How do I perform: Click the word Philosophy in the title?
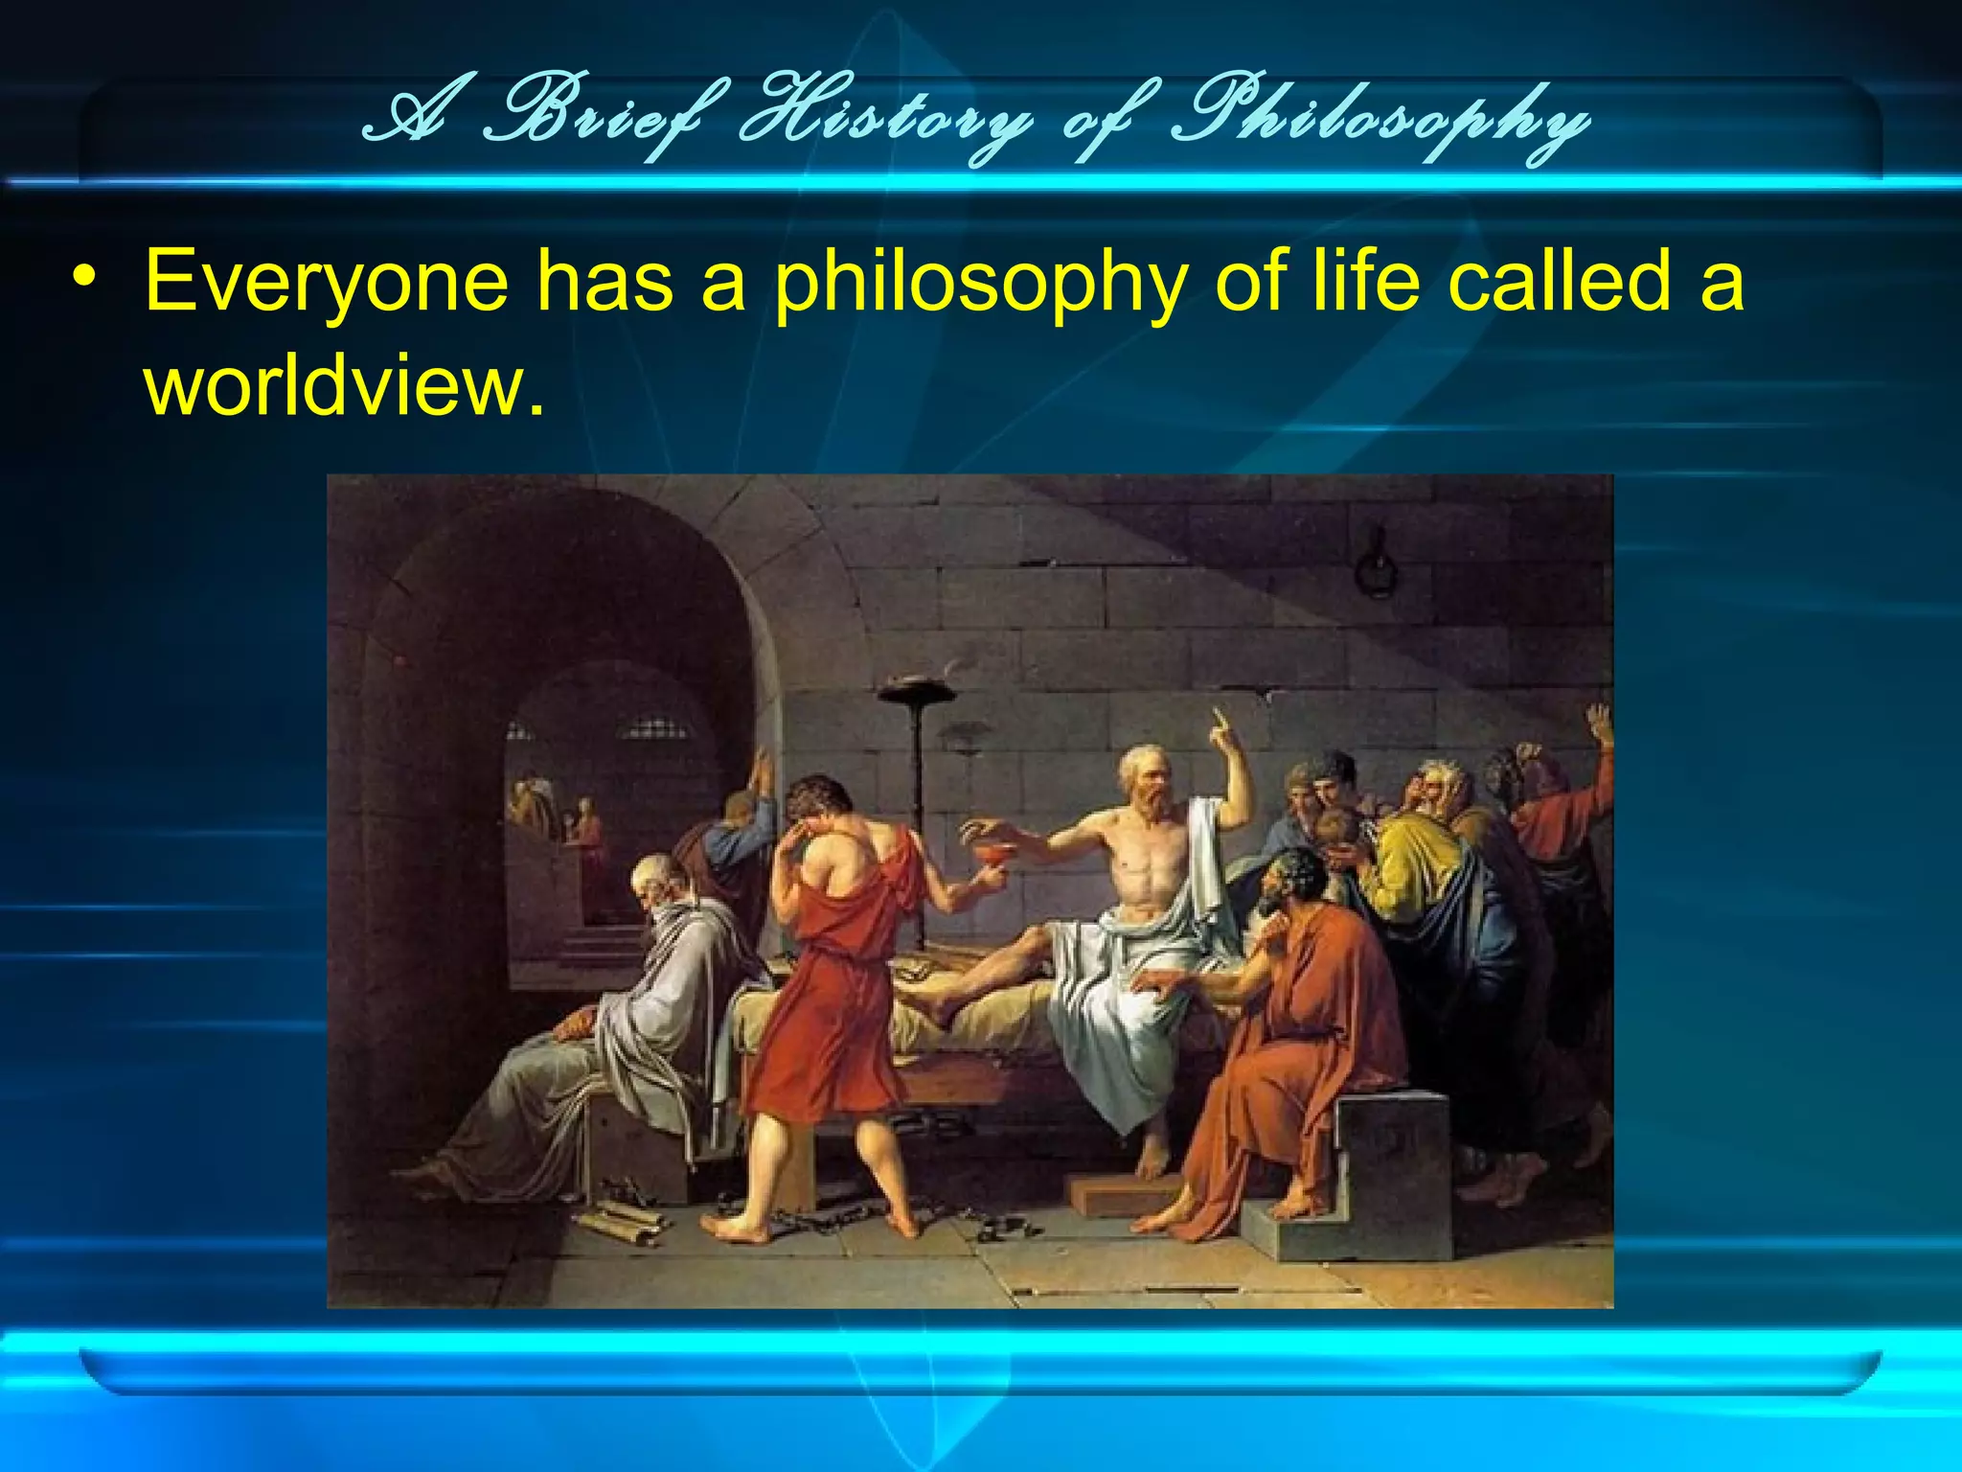pyautogui.click(x=1380, y=123)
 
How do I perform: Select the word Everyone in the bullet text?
pyautogui.click(x=326, y=282)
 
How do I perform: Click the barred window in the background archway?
pyautogui.click(x=654, y=730)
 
